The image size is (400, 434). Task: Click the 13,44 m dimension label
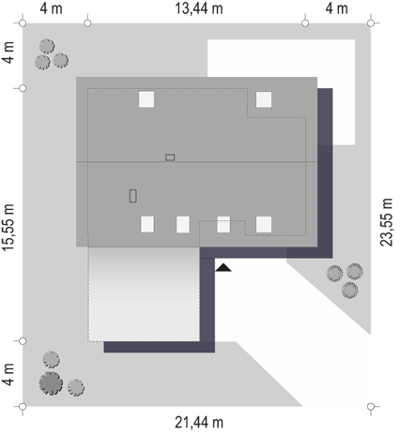click(x=199, y=8)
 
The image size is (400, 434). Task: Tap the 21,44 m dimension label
click(x=199, y=423)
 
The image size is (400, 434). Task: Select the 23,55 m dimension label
click(x=386, y=222)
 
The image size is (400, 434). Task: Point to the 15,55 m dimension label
click(x=8, y=227)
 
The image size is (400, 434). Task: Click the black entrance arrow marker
click(x=223, y=268)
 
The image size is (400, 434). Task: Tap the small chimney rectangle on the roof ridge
click(x=170, y=157)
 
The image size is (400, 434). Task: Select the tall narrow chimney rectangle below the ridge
click(x=133, y=196)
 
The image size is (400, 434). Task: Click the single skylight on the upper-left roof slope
click(x=146, y=99)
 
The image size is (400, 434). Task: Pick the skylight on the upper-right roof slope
click(x=264, y=99)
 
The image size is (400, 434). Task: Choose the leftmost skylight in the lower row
click(x=147, y=224)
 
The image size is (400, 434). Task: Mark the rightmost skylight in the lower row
click(x=264, y=224)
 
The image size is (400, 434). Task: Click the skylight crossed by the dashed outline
click(x=223, y=224)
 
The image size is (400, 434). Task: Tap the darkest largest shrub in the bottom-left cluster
click(x=51, y=383)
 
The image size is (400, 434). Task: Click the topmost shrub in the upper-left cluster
click(x=47, y=47)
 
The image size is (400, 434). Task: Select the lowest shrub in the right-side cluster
click(x=350, y=290)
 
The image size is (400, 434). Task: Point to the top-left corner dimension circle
click(x=23, y=23)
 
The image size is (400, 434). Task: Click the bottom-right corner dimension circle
click(x=371, y=407)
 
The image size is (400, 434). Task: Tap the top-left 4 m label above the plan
click(x=52, y=8)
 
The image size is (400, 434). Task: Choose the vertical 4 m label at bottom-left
click(x=8, y=374)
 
